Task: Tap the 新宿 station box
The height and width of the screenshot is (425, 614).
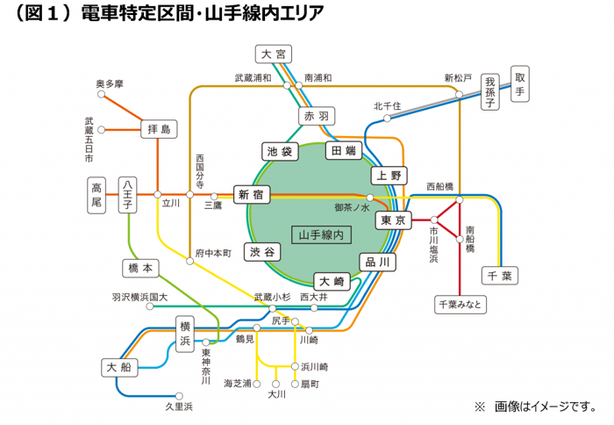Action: click(250, 196)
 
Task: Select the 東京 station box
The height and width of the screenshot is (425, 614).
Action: click(393, 220)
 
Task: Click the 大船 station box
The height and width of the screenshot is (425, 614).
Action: click(120, 365)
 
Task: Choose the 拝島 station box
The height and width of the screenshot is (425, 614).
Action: click(159, 130)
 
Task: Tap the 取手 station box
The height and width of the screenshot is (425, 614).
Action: click(520, 83)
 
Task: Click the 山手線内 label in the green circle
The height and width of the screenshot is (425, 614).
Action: click(324, 234)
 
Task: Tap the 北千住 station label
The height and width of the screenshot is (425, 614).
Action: click(387, 106)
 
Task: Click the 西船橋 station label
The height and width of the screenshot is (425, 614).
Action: click(440, 186)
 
